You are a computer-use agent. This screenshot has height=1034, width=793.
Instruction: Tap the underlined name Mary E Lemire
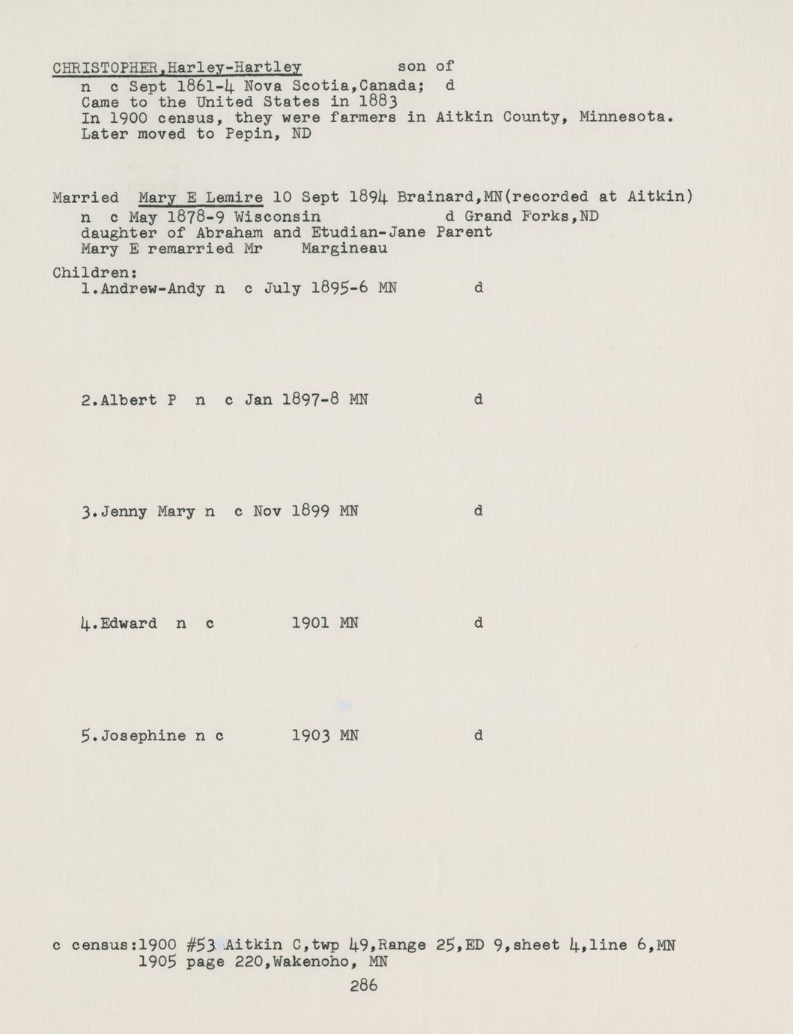pos(201,198)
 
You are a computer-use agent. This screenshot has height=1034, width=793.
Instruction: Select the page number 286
pos(364,986)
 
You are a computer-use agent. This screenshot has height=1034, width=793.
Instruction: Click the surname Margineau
pos(344,249)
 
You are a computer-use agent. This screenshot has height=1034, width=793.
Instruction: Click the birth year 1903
pos(311,736)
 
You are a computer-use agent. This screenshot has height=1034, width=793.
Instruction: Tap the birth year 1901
pos(311,623)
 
